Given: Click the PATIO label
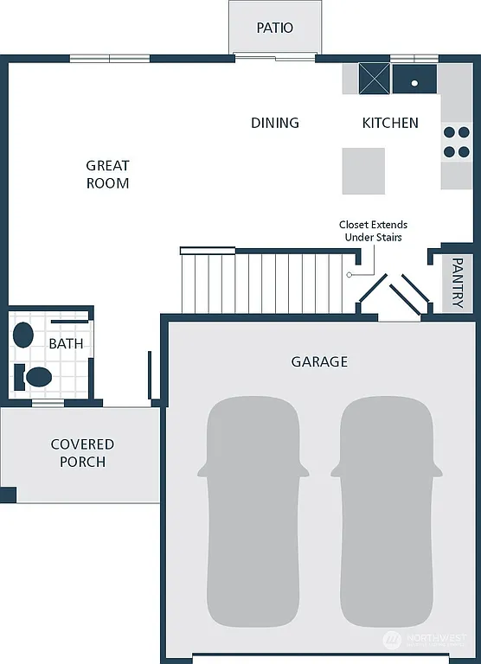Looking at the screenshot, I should click(x=275, y=28).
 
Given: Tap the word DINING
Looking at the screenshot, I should click(x=275, y=123).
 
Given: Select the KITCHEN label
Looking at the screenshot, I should click(x=389, y=123).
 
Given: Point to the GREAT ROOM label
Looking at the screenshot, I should click(x=108, y=174).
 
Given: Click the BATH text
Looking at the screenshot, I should click(x=66, y=343).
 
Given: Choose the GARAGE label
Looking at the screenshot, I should click(x=319, y=361).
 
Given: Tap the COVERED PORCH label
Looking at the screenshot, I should click(x=82, y=453).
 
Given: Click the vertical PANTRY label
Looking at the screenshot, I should click(x=458, y=286).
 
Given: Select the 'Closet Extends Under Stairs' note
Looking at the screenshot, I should click(x=373, y=231).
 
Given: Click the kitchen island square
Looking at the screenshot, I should click(x=363, y=170).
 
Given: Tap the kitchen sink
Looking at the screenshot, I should click(x=414, y=80).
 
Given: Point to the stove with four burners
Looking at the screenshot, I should click(x=456, y=143).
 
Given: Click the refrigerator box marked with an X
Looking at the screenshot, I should click(x=375, y=79).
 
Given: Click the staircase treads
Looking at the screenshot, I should click(x=268, y=282).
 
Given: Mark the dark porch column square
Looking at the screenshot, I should click(x=8, y=495).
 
